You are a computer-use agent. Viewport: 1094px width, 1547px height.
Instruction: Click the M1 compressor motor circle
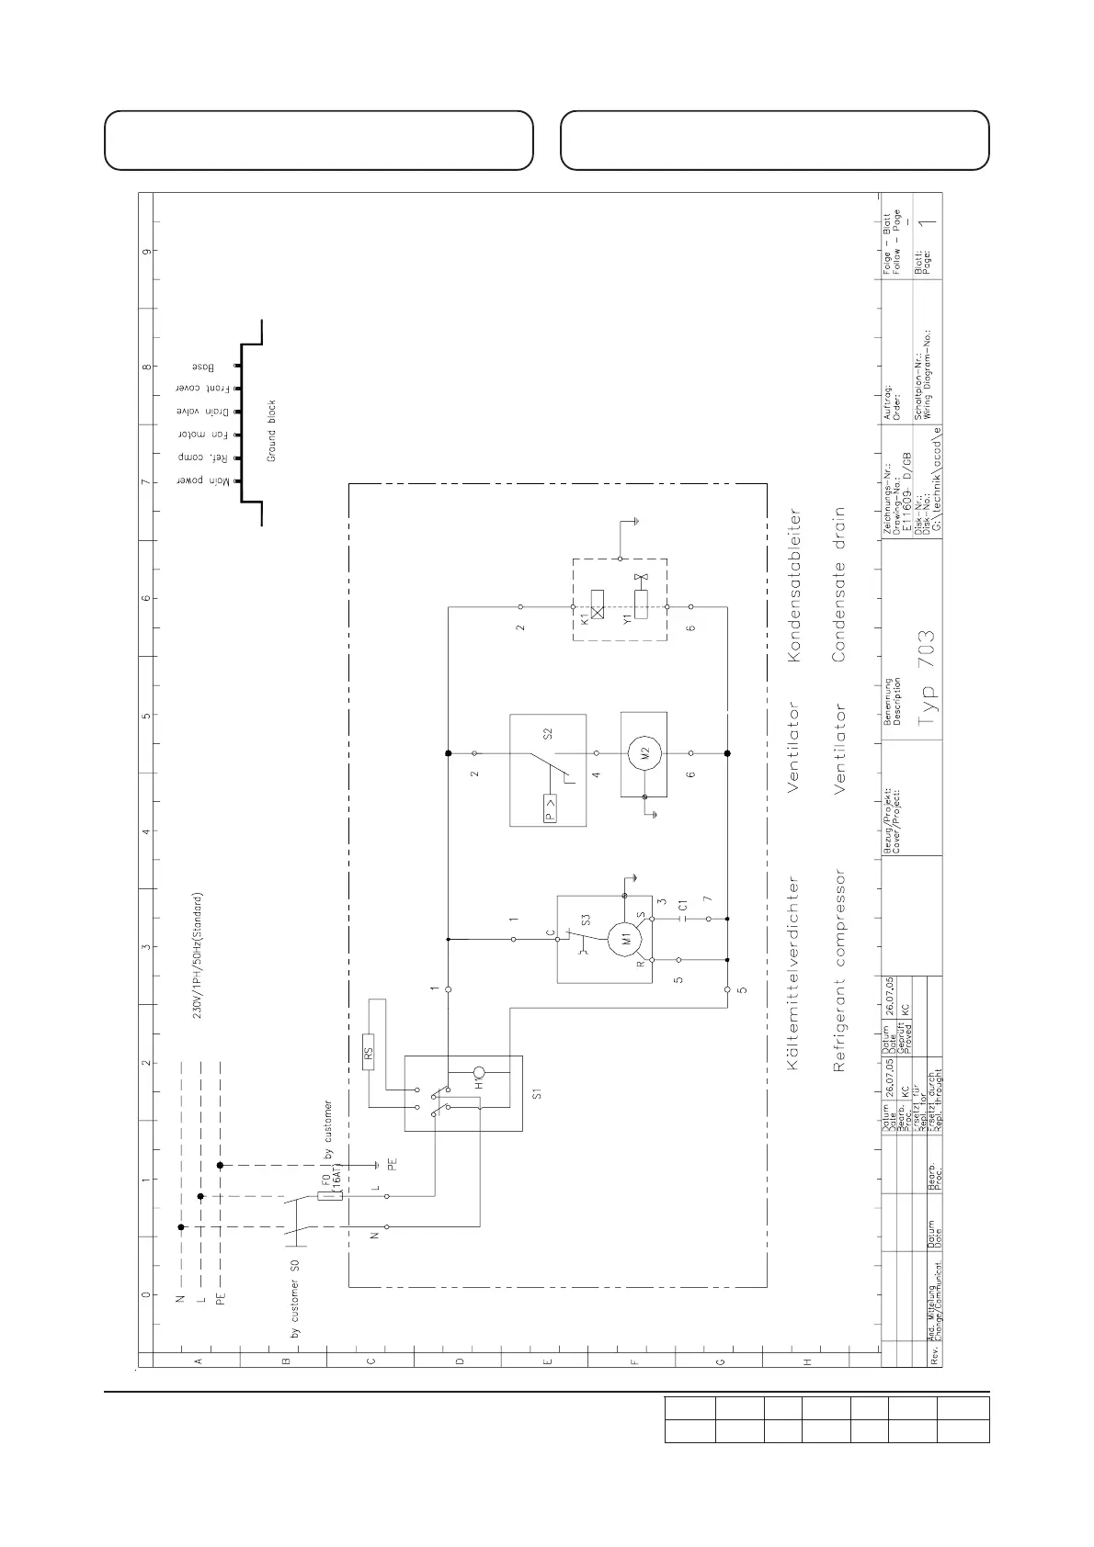coord(629,939)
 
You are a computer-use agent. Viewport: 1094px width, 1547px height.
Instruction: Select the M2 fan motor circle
coord(644,752)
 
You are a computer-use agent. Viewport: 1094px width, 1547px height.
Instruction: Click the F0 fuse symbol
coord(324,1196)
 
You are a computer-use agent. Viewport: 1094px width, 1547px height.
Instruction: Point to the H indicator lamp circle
coord(480,1072)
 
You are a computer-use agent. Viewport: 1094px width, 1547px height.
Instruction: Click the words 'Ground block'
coord(272,431)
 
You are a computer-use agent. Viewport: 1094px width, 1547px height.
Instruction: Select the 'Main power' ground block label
coord(196,480)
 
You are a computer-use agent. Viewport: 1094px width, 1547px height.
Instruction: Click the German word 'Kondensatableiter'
coord(795,586)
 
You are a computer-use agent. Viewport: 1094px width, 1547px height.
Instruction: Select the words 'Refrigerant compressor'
coord(839,971)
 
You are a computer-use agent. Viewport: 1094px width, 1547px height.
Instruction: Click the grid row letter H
coord(808,1361)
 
